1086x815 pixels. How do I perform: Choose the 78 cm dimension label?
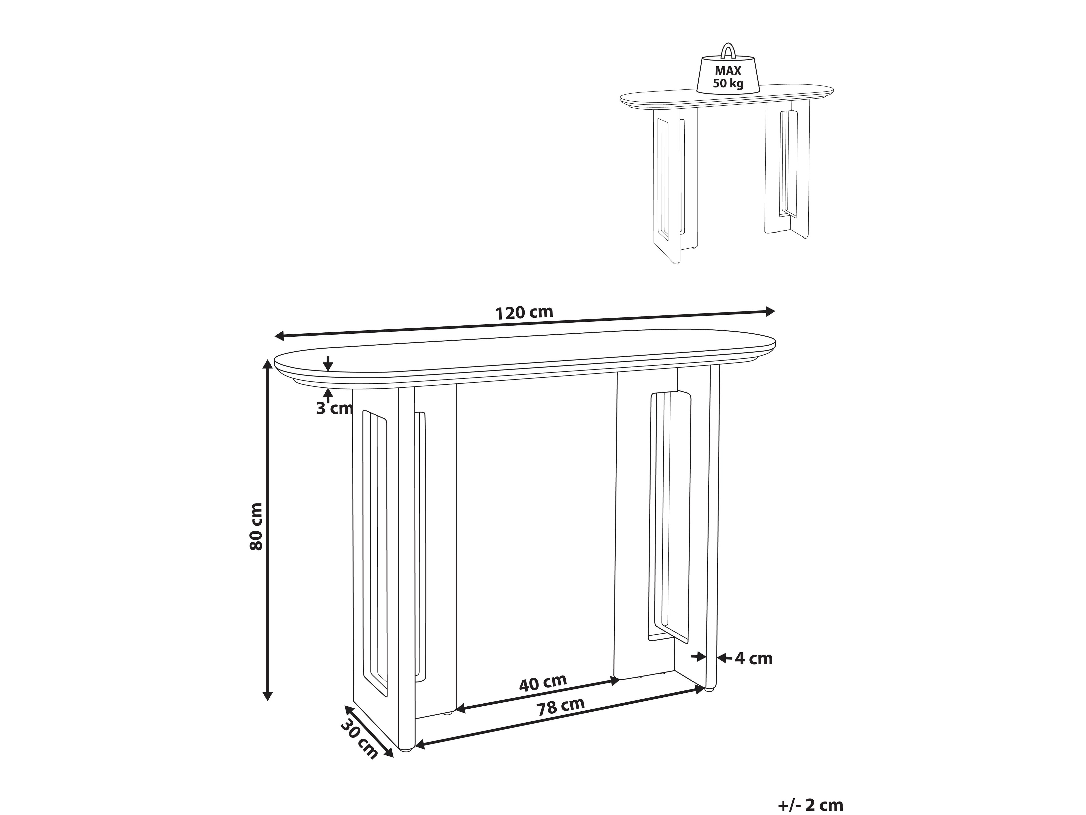coord(560,706)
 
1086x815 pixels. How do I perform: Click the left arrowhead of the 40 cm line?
coord(462,708)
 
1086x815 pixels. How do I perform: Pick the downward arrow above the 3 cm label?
coord(328,364)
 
